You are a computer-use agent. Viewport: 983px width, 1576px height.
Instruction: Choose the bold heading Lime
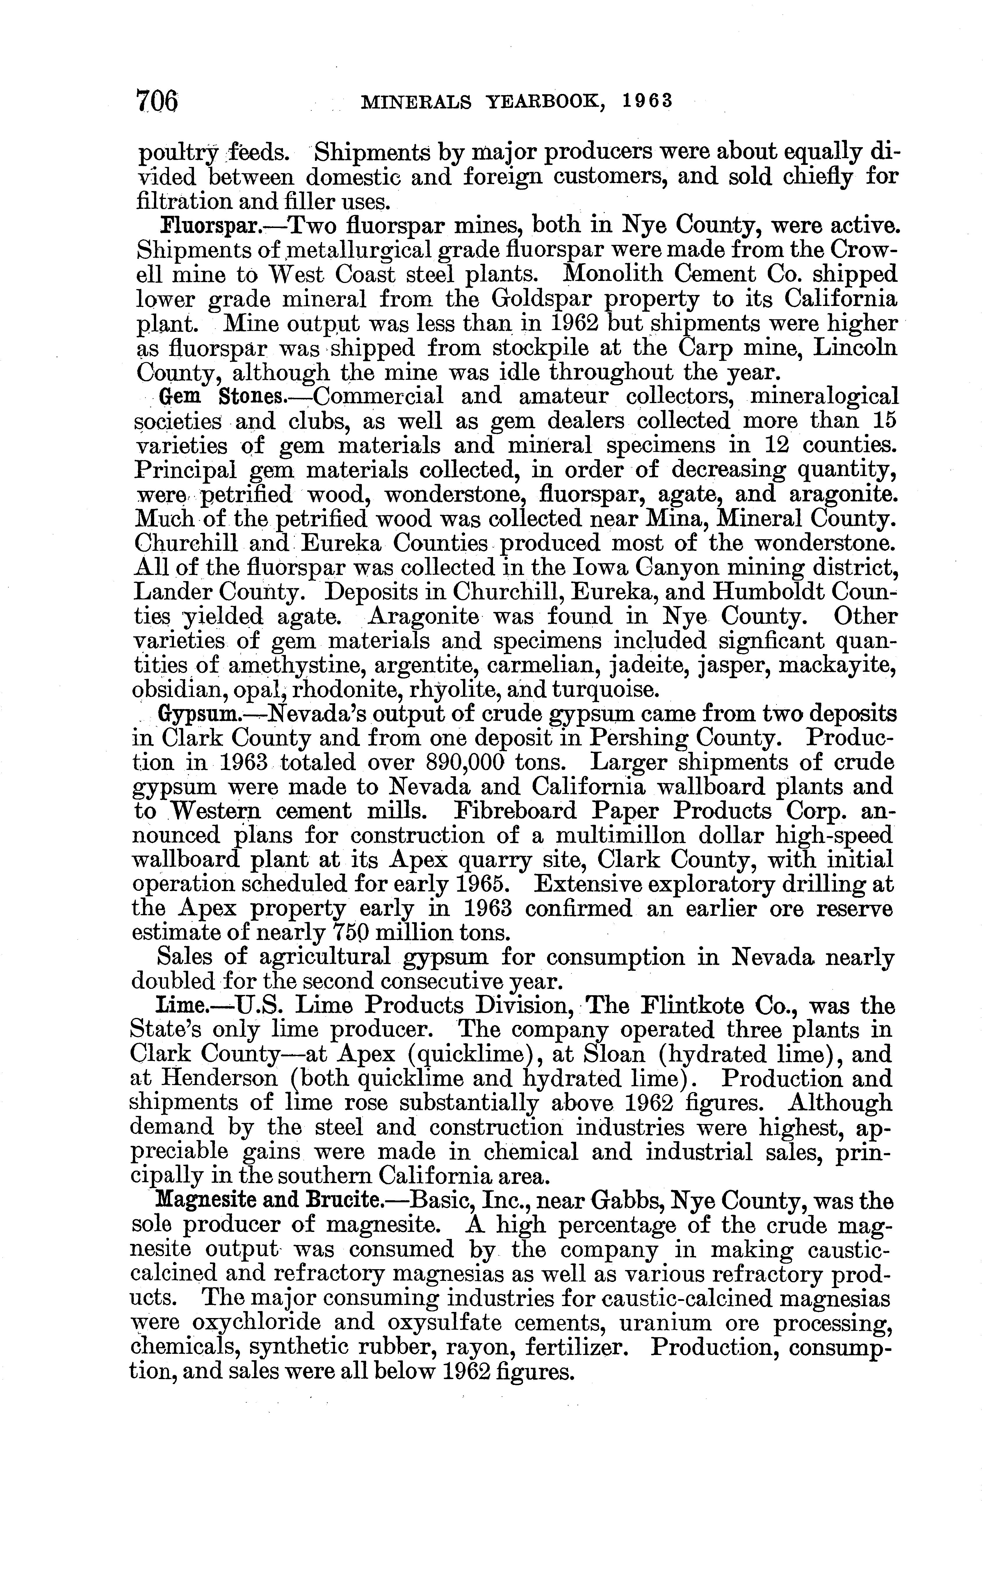point(183,1007)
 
